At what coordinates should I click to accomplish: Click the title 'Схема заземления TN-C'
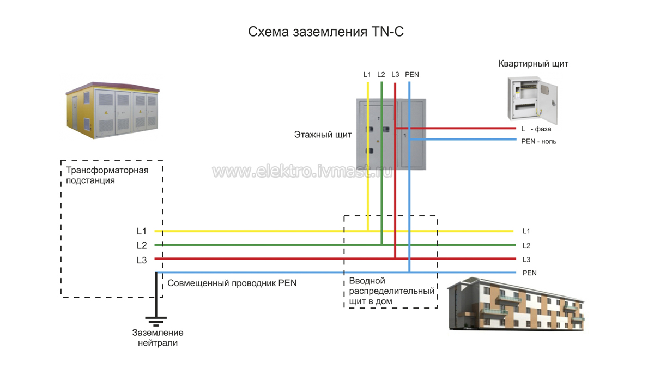(326, 32)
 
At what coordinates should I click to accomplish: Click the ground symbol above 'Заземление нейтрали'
(156, 319)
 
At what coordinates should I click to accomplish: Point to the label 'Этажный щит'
(323, 134)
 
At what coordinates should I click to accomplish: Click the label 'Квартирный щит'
(533, 64)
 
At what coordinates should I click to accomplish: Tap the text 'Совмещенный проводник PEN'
(232, 283)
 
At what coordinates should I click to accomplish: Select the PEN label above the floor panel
(412, 75)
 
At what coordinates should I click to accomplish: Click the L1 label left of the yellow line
(142, 232)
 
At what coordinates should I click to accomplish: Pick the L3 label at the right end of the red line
(526, 260)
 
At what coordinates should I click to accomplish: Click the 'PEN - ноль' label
(538, 142)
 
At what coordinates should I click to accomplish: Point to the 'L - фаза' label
(536, 130)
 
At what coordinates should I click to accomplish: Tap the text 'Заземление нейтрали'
(158, 338)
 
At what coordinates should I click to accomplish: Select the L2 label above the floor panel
(381, 75)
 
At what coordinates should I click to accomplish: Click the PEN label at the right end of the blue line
(529, 273)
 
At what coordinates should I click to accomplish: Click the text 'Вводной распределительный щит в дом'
(391, 291)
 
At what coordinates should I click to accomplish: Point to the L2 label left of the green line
(142, 245)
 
